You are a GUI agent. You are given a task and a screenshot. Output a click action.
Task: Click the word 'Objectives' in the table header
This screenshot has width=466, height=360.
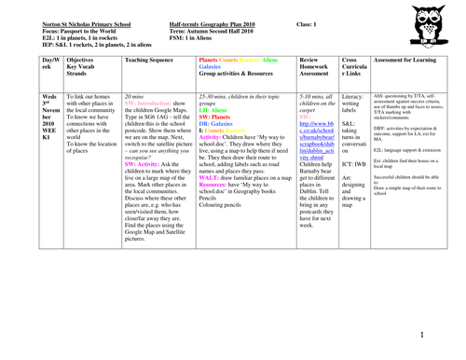tap(64, 59)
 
